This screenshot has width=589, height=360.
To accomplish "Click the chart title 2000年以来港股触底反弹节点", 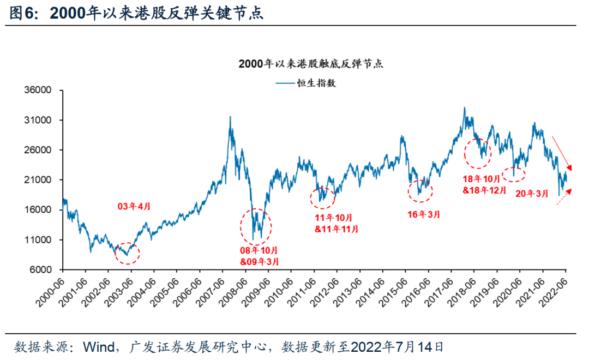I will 311,64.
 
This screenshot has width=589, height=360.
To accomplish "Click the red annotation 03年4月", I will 134,206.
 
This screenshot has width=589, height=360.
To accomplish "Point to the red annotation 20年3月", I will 532,193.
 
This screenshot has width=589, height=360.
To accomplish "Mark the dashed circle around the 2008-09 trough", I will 255,226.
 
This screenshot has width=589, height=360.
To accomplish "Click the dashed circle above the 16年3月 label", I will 420,190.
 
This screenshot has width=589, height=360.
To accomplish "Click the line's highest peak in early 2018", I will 464,108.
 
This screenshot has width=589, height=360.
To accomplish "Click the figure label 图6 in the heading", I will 22,14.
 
